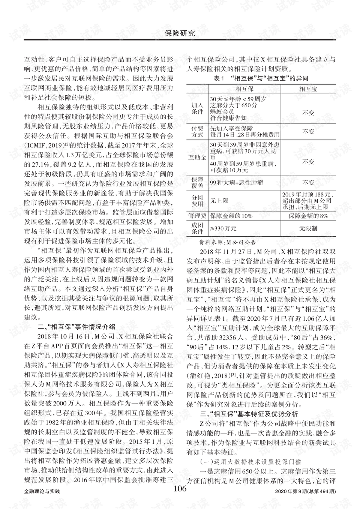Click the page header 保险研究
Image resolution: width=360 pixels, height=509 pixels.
180,33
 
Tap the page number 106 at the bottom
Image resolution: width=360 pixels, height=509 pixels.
180,488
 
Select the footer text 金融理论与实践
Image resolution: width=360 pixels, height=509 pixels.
42,491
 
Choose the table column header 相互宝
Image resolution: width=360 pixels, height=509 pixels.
308,89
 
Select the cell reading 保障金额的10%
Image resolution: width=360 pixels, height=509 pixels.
231,216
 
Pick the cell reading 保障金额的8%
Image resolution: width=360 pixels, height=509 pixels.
308,216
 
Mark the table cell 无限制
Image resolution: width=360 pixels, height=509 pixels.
308,228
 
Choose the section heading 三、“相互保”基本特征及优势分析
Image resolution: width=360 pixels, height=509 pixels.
249,414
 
